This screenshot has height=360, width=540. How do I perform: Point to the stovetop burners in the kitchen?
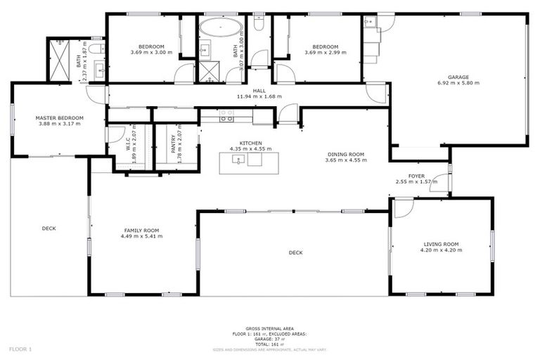tap(226, 116)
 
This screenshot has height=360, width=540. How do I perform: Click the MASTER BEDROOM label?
tap(60, 117)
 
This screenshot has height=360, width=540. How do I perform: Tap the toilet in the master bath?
tap(100, 49)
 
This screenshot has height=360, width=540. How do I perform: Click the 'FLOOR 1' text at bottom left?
tap(20, 349)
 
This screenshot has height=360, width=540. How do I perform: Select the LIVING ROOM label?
tap(441, 244)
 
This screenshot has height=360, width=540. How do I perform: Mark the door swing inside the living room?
tap(402, 207)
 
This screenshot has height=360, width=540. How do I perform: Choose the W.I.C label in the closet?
tap(129, 144)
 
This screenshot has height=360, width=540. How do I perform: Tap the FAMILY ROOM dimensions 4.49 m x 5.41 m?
tap(142, 236)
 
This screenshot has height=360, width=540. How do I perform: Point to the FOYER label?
tap(416, 176)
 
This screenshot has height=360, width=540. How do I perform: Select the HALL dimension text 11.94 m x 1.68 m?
tap(259, 96)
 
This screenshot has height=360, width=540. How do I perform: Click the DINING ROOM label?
tap(345, 154)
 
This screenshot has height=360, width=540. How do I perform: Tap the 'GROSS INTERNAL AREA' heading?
tap(270, 328)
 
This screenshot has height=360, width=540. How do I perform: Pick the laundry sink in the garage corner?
tap(371, 23)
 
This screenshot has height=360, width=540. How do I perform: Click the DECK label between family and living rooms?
tap(295, 252)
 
